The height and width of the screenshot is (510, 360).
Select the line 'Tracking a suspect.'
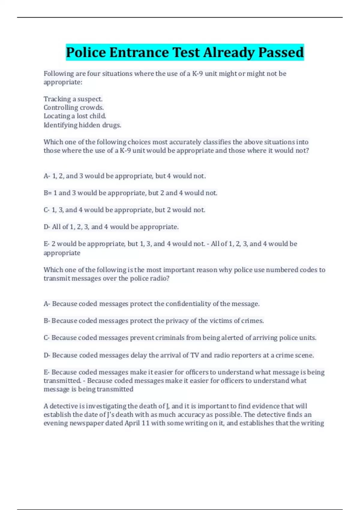coord(73,99)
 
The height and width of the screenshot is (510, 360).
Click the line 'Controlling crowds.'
coord(73,107)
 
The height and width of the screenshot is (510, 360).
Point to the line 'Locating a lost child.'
coord(75,116)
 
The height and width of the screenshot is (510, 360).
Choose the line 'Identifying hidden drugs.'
coord(82,125)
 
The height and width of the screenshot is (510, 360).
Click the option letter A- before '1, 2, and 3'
coord(47,176)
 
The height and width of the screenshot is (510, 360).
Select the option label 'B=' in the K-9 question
coord(48,193)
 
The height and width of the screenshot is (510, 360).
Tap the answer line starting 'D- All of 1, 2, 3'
coord(111,227)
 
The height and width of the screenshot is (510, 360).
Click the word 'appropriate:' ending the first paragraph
coord(63,82)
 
